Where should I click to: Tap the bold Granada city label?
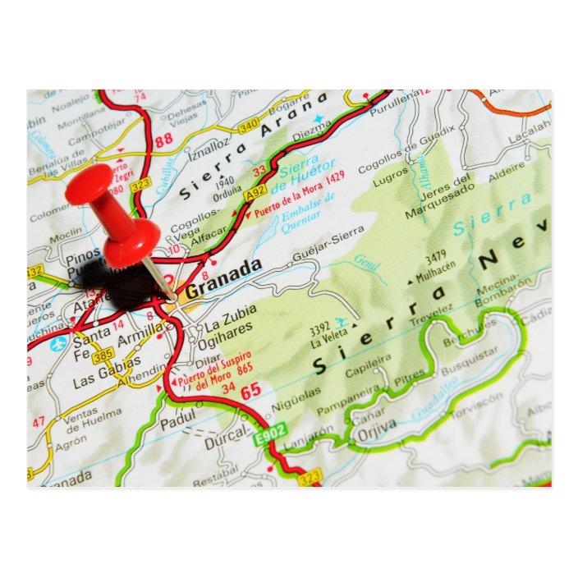[223, 280]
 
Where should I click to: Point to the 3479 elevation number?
[435, 255]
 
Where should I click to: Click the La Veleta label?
[328, 342]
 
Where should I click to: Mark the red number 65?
[250, 391]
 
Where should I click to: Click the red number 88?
[164, 139]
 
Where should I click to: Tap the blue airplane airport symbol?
[57, 344]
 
